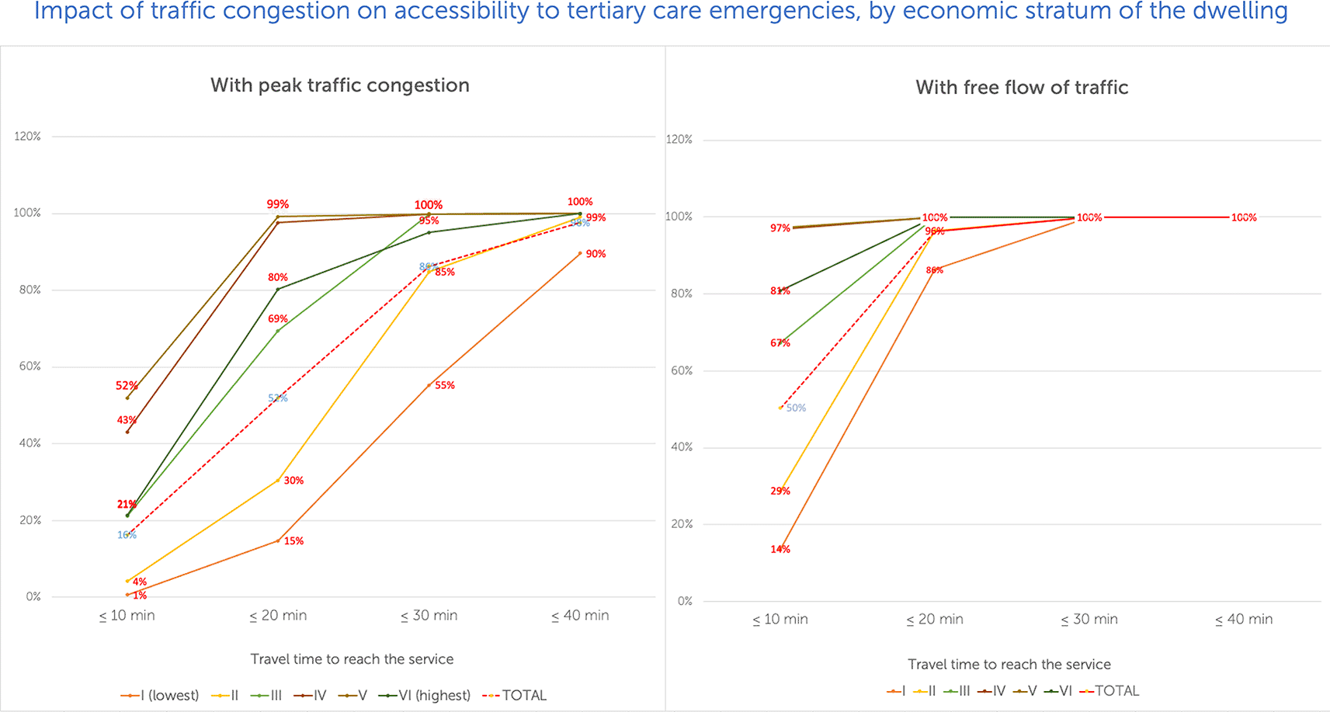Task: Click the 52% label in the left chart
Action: click(127, 386)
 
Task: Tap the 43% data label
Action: click(127, 420)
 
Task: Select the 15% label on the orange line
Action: click(293, 541)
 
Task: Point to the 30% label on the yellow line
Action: click(293, 481)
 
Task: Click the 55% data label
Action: click(445, 385)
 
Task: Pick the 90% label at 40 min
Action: click(596, 254)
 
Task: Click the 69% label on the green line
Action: click(278, 318)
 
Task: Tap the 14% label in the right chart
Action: click(780, 549)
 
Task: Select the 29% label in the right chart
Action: click(780, 491)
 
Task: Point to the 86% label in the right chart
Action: click(934, 270)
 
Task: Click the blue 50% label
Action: click(796, 408)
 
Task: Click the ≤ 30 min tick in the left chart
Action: click(429, 616)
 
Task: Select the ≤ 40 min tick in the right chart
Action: click(1243, 620)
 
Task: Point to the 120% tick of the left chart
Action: click(27, 136)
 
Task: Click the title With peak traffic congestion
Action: click(340, 85)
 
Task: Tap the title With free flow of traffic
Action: click(1022, 88)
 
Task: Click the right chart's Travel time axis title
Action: click(1009, 665)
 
